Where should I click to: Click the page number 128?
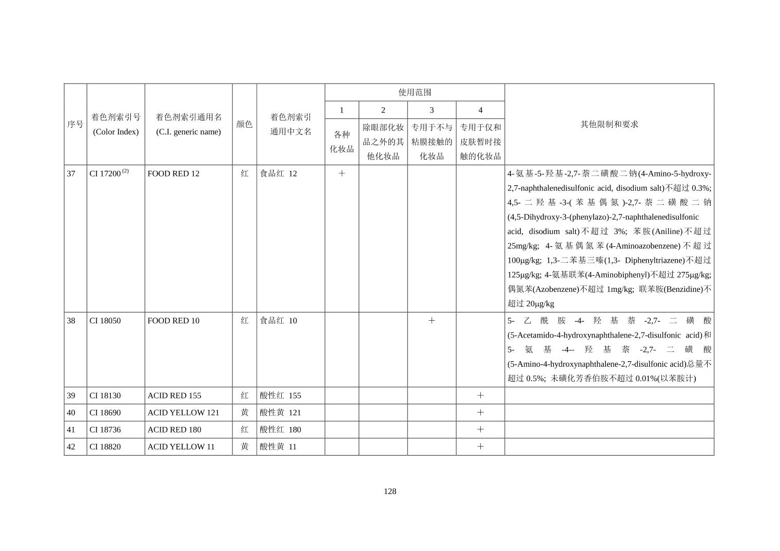pyautogui.click(x=390, y=491)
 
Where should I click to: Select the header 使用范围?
pyautogui.click(x=415, y=92)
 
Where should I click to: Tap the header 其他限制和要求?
pyautogui.click(x=609, y=124)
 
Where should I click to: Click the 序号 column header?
pyautogui.click(x=75, y=124)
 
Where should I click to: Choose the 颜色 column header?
pyautogui.click(x=244, y=124)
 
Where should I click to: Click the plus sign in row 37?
pyautogui.click(x=342, y=173)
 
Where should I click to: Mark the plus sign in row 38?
pyautogui.click(x=432, y=321)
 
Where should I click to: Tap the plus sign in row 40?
pyautogui.click(x=480, y=412)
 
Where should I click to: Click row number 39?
pyautogui.click(x=71, y=396)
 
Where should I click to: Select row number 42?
pyautogui.click(x=71, y=446)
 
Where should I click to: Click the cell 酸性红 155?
pyautogui.click(x=280, y=396)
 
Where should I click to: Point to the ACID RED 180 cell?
pyautogui.click(x=174, y=429)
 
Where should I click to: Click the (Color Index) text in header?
pyautogui.click(x=116, y=132)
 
